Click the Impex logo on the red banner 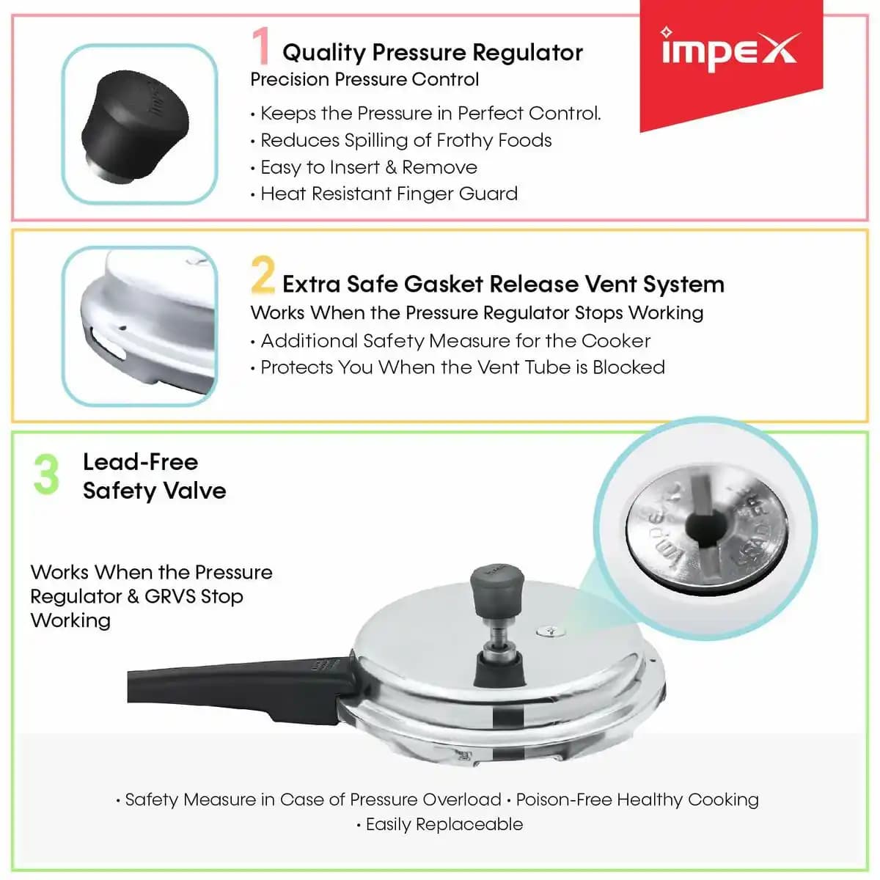pyautogui.click(x=730, y=51)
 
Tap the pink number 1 pyautogui.click(x=261, y=45)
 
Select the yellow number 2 pyautogui.click(x=263, y=274)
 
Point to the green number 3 pyautogui.click(x=47, y=474)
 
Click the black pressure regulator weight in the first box pyautogui.click(x=135, y=126)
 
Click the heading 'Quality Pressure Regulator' pyautogui.click(x=433, y=53)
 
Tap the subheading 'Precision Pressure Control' pyautogui.click(x=364, y=79)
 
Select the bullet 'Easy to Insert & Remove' pyautogui.click(x=369, y=167)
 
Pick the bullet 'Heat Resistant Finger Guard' pyautogui.click(x=389, y=194)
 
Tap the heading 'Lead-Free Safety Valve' pyautogui.click(x=154, y=477)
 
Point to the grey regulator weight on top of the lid pyautogui.click(x=497, y=589)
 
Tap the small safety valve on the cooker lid pyautogui.click(x=551, y=631)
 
